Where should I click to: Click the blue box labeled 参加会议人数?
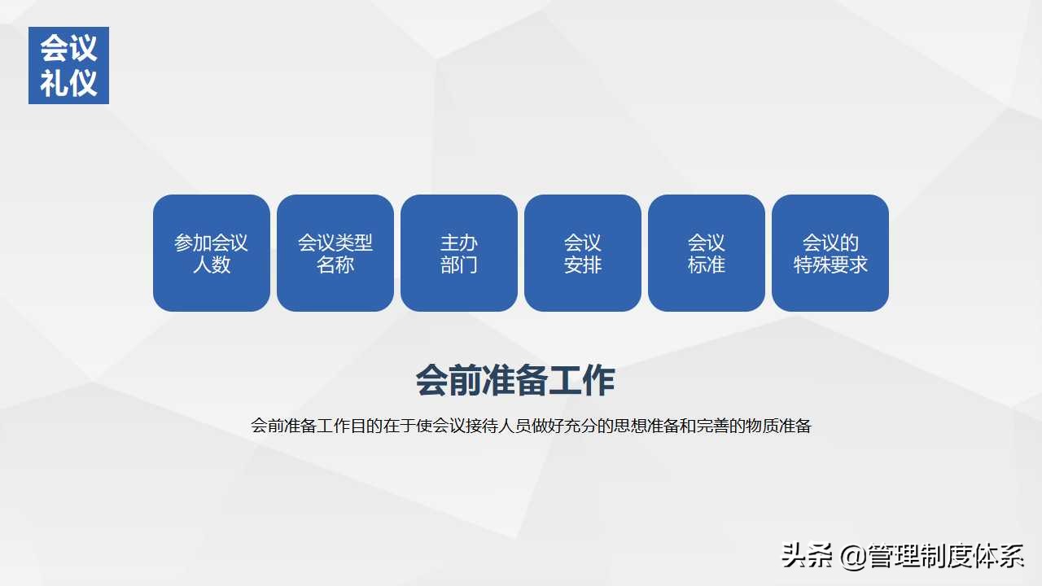coord(212,253)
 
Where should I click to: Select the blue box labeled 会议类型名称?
coord(335,253)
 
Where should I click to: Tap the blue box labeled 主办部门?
coord(459,253)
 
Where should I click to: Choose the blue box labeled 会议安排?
coord(583,253)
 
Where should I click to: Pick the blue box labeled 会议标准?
coord(707,253)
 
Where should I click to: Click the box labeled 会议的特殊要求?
coord(830,253)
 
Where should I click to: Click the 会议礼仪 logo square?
coord(68,65)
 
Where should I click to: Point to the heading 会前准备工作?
coord(515,380)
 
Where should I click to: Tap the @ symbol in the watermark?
coord(852,556)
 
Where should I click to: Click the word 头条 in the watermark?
coord(807,556)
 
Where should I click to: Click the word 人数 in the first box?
coord(212,265)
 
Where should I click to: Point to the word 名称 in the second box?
coord(335,265)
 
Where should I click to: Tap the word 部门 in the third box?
coord(459,265)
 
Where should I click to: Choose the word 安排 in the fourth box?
coord(583,265)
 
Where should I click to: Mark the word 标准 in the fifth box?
coord(707,265)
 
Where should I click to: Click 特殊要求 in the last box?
coord(830,265)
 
